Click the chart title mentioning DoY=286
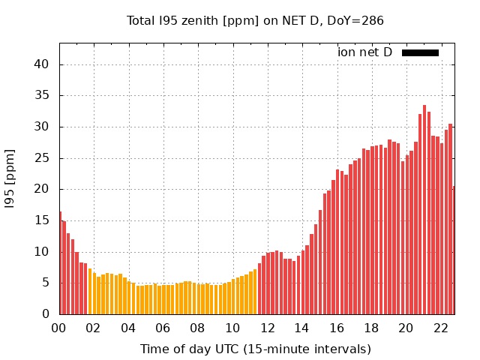click(x=255, y=20)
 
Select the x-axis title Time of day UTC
click(x=255, y=349)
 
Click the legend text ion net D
click(x=364, y=52)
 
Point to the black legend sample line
click(x=420, y=52)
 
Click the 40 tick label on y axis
click(x=42, y=64)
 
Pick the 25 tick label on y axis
click(x=42, y=158)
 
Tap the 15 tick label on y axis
click(x=42, y=220)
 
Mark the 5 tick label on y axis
click(x=46, y=283)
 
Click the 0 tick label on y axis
click(x=46, y=314)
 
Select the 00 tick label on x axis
click(x=59, y=328)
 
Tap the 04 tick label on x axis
click(x=128, y=328)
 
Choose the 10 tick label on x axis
click(x=232, y=328)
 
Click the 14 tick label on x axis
click(x=301, y=328)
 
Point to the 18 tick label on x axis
click(x=370, y=328)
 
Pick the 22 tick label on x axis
click(x=440, y=328)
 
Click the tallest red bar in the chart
click(x=424, y=210)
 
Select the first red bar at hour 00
click(x=60, y=262)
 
